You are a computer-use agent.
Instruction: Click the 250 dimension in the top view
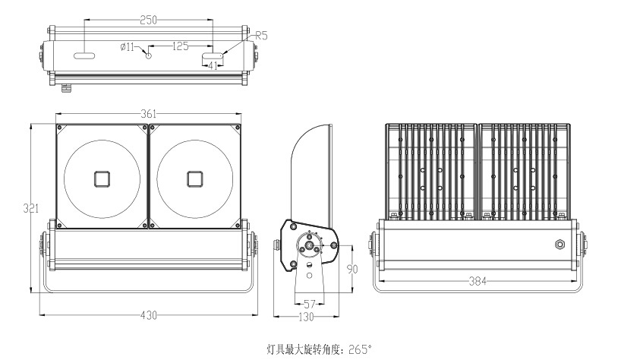(149, 21)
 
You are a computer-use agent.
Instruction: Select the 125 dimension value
(180, 46)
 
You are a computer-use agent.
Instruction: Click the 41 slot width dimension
(213, 66)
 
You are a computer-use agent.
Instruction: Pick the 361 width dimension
(149, 114)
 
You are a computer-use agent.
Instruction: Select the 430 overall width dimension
(149, 315)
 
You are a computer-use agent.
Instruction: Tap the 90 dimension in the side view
(352, 270)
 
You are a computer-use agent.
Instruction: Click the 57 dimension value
(309, 303)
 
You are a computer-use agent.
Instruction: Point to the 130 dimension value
(306, 316)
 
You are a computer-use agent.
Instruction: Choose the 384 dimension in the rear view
(477, 281)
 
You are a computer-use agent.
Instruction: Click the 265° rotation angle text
(361, 350)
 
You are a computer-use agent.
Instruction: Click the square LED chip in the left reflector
(102, 179)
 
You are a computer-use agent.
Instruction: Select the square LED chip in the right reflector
(195, 179)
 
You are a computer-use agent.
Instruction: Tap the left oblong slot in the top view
(84, 56)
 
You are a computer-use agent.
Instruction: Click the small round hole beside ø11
(149, 55)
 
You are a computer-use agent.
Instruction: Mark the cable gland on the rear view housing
(559, 245)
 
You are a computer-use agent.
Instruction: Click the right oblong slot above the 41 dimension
(213, 55)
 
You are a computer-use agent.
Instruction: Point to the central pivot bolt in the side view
(310, 245)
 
